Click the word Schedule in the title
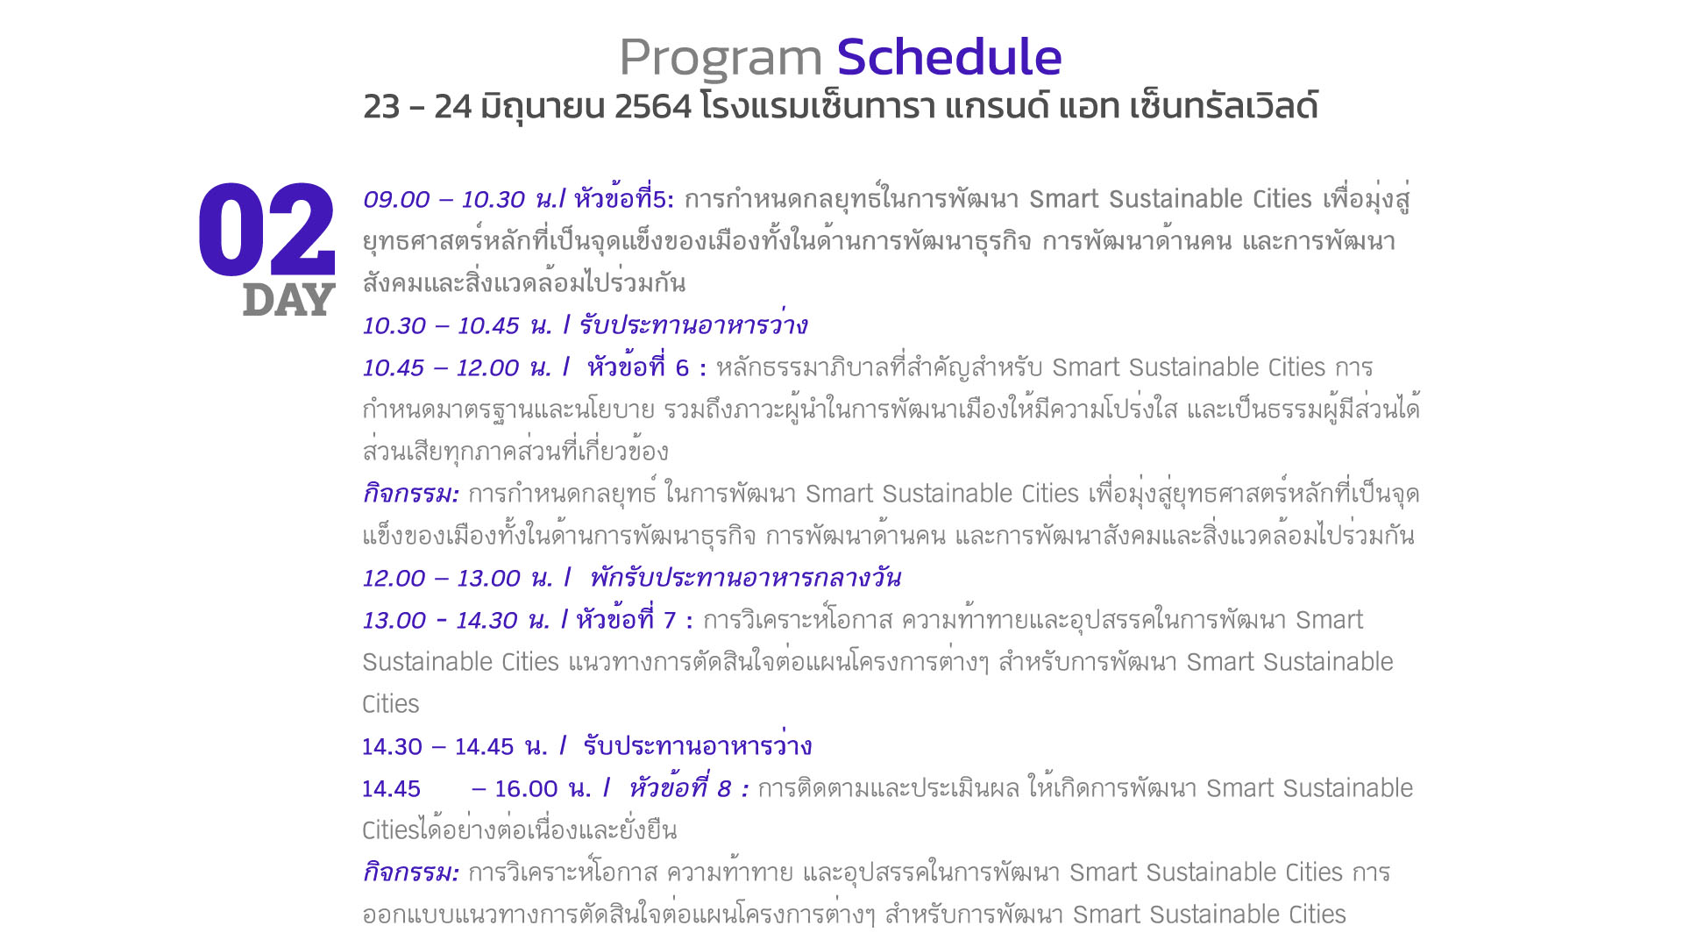(949, 57)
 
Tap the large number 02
(266, 229)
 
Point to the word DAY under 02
(289, 300)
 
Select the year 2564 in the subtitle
(653, 106)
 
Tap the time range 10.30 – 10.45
(441, 326)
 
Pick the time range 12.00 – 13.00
(442, 579)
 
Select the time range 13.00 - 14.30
(440, 621)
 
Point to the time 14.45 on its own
(392, 789)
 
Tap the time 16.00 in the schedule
(526, 789)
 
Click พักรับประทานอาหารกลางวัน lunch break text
(745, 578)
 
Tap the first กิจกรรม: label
(410, 494)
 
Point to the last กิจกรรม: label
(410, 872)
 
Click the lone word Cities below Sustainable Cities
(391, 704)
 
